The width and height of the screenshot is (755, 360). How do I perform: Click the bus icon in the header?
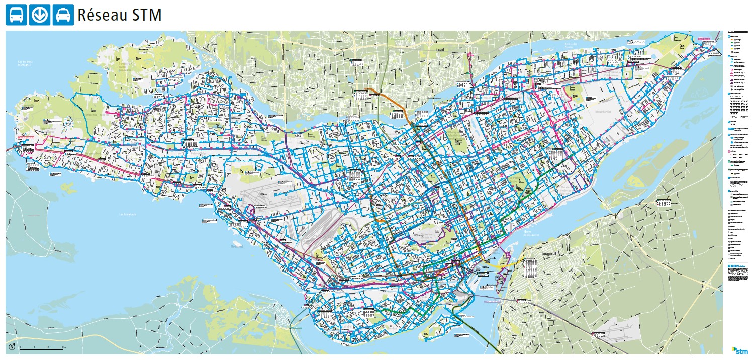(x=16, y=15)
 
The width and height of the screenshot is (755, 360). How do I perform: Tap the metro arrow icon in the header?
(x=39, y=15)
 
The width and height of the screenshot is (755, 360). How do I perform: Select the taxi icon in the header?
(x=63, y=15)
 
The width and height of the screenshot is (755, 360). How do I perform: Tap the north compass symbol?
(x=12, y=347)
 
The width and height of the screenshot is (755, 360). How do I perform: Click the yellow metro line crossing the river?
(x=505, y=263)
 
